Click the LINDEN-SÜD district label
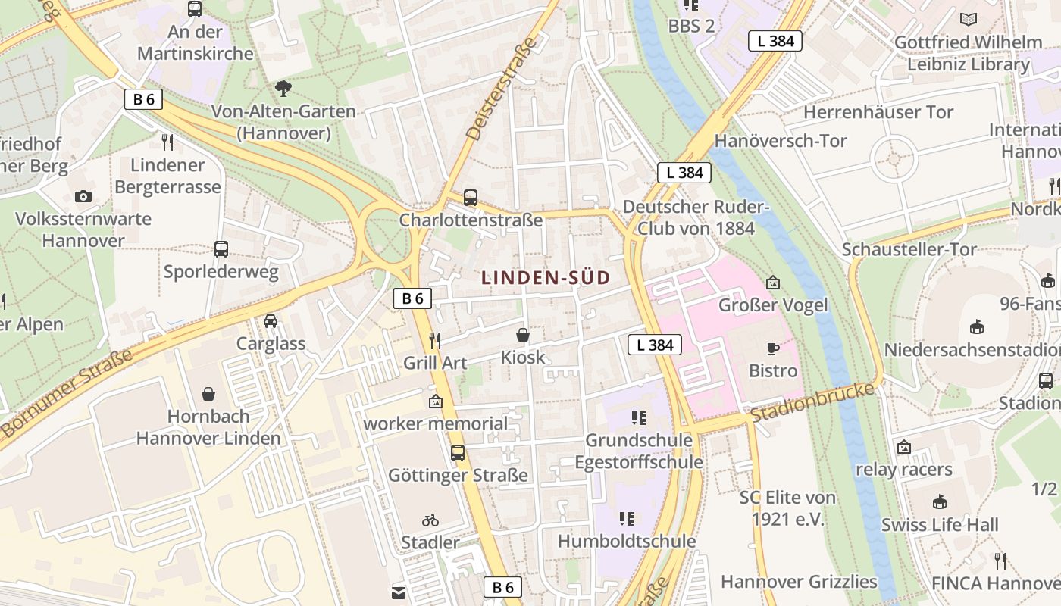[x=545, y=278]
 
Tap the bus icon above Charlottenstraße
[x=471, y=198]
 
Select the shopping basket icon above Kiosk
[x=523, y=335]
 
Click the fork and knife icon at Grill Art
[x=435, y=340]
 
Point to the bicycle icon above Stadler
[x=430, y=520]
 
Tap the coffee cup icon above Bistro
[x=772, y=348]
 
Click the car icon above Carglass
[x=271, y=321]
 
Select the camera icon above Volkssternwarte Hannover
[x=83, y=197]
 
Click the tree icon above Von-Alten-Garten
[x=283, y=89]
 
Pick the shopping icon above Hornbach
[x=208, y=394]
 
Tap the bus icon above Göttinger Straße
[x=458, y=453]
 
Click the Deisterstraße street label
[x=501, y=89]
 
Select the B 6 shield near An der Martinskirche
[x=143, y=99]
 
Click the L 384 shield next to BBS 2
[x=775, y=41]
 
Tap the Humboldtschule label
[x=627, y=541]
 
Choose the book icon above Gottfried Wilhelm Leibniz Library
[x=968, y=20]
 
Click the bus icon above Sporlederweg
[x=221, y=249]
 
